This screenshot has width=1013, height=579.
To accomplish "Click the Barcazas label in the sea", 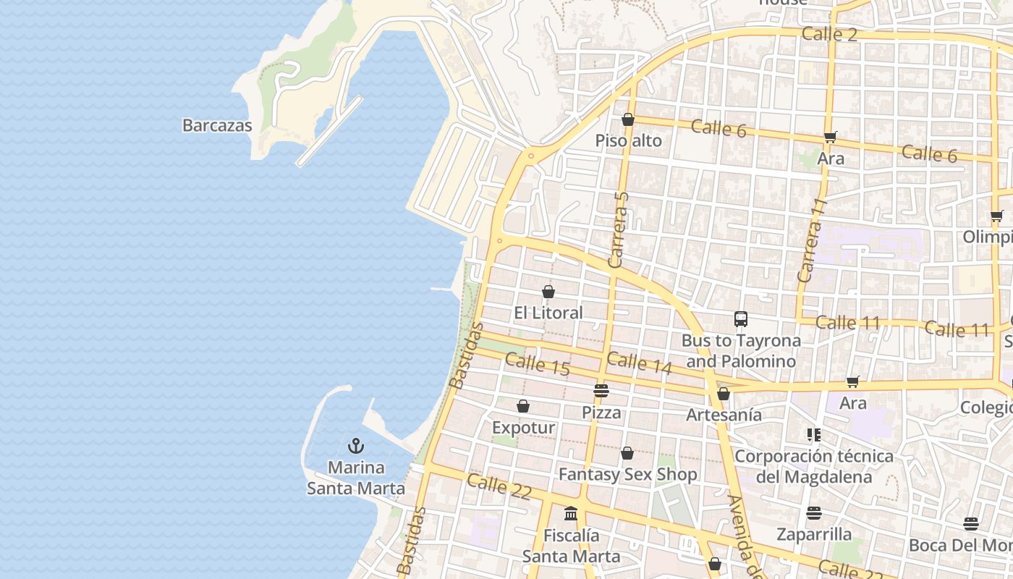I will tap(217, 125).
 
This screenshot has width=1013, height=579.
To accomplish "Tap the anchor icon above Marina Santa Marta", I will tap(355, 446).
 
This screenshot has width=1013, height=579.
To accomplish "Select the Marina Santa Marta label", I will tap(355, 478).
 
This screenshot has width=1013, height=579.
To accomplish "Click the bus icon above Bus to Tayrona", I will tap(741, 319).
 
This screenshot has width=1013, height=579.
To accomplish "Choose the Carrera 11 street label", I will tap(810, 240).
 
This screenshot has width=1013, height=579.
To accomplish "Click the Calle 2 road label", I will tap(829, 34).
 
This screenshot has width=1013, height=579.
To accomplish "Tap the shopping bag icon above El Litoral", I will tap(548, 292).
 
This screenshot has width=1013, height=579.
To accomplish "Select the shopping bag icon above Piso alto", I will tap(628, 119).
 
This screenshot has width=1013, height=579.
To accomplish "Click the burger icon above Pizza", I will tap(601, 391).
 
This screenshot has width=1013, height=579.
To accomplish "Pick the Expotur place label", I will tap(523, 428).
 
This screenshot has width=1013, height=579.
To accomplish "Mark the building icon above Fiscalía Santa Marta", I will tap(571, 514).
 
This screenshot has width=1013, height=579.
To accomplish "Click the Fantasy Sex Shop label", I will tap(627, 475).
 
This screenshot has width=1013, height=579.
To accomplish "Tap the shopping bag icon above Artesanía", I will tap(724, 394).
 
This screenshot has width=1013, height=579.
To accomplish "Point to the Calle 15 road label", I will tap(537, 363).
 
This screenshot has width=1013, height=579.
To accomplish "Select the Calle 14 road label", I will tap(639, 363).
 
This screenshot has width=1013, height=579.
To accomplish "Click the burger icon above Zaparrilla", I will tap(814, 513).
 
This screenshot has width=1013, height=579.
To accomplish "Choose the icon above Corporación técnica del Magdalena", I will tap(814, 435).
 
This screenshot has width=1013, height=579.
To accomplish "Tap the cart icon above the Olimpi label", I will tap(996, 216).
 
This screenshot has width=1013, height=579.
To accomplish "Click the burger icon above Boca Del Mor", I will tap(970, 524).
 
